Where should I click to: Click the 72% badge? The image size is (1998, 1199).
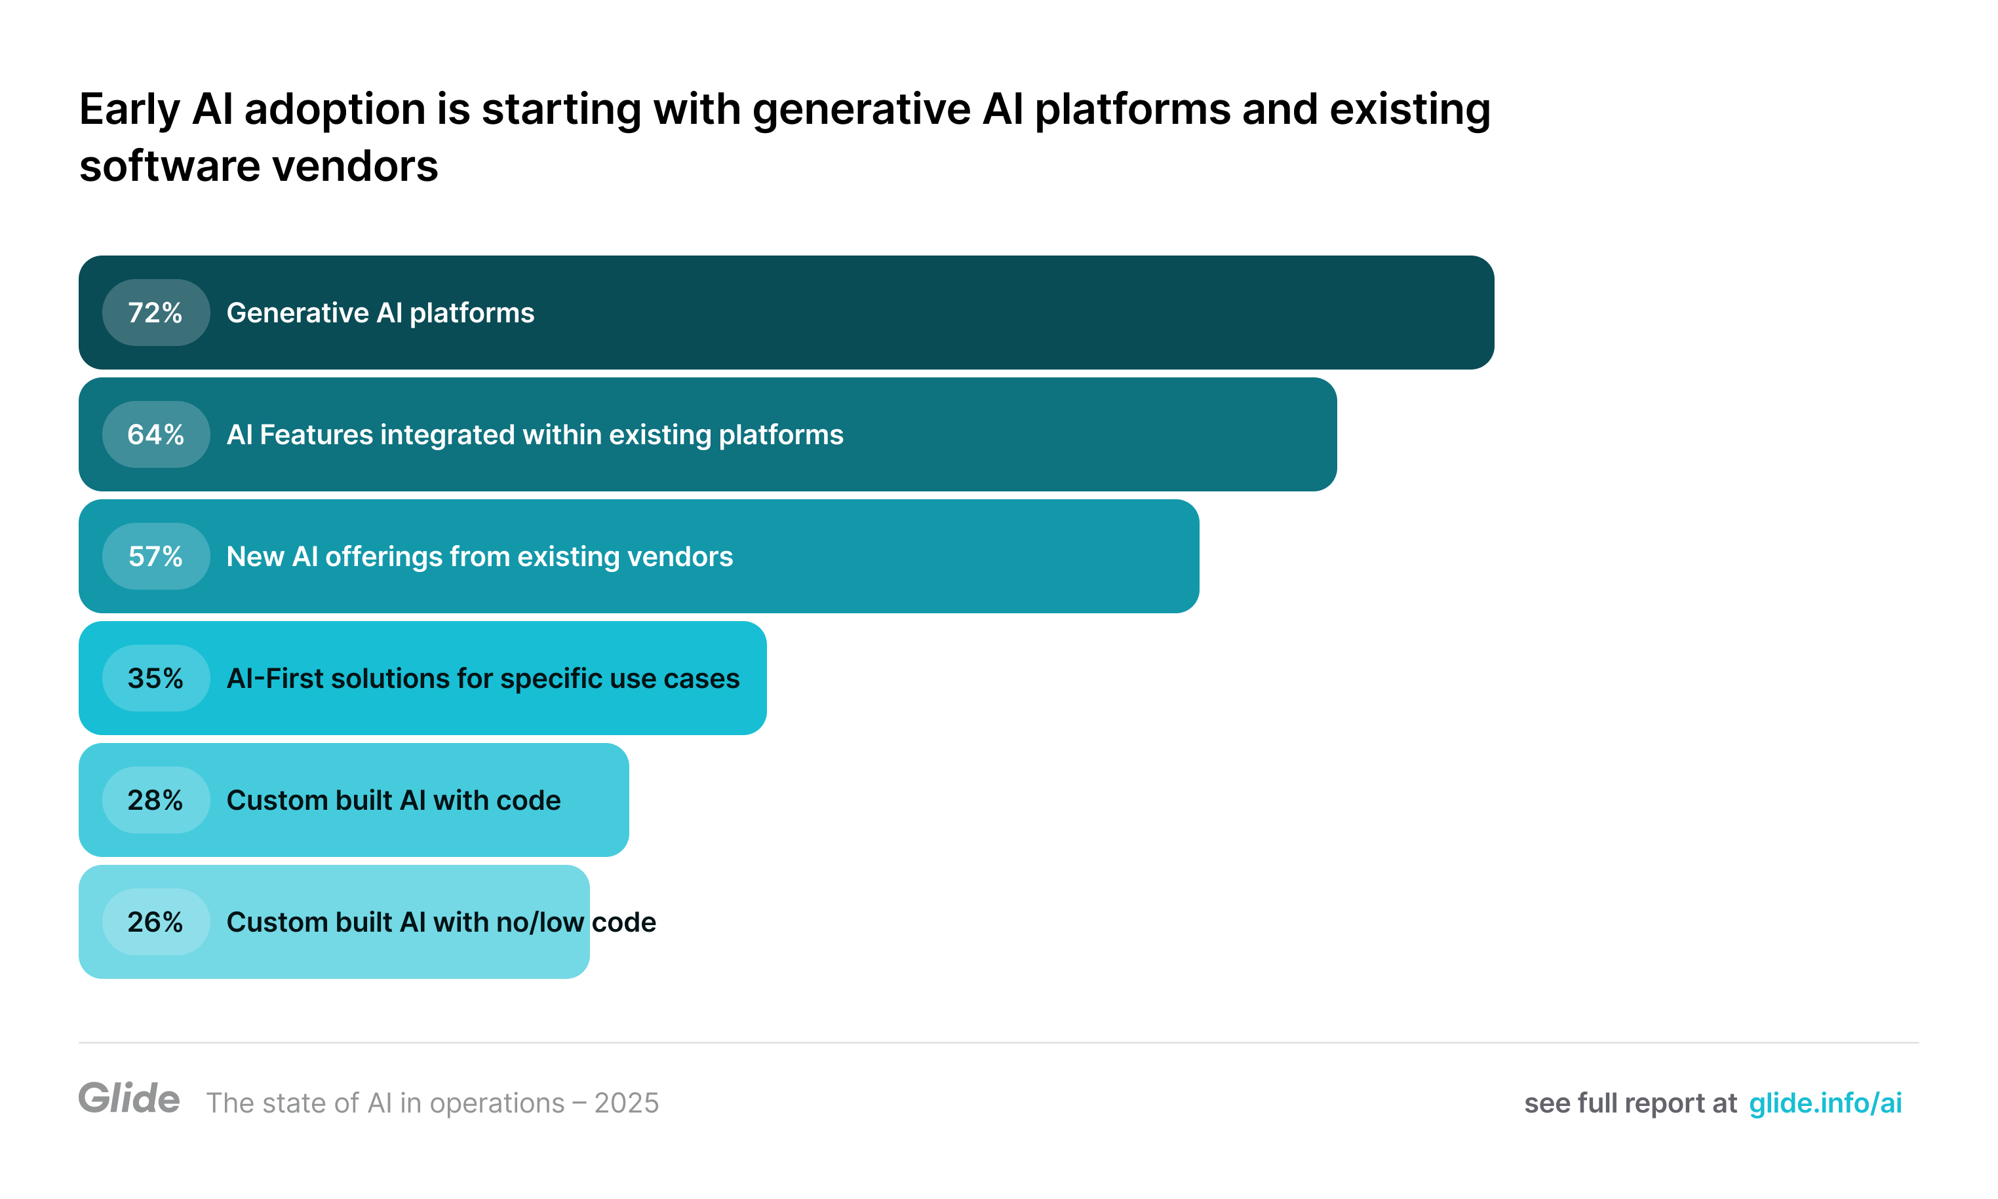pos(155,313)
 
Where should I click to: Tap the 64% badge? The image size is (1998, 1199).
pos(155,434)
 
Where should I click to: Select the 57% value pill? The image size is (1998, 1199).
pos(155,557)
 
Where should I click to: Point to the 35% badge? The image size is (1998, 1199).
pos(155,679)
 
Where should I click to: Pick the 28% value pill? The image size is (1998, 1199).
pos(155,800)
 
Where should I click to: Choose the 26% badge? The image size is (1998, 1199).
pos(155,922)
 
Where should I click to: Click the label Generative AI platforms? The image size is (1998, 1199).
pos(380,313)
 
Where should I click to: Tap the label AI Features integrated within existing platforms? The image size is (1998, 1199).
pos(534,434)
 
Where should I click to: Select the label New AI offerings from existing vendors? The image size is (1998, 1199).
pos(479,557)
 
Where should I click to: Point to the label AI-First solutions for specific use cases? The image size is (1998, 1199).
pos(482,679)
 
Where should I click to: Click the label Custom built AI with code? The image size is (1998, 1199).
pos(393,800)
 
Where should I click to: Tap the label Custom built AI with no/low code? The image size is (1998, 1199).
pos(441,922)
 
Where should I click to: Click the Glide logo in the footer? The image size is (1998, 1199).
pos(128,1099)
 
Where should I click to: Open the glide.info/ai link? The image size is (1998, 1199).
pos(1824,1103)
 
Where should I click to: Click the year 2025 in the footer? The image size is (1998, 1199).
pos(627,1103)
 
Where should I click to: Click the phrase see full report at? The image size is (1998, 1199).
pos(1630,1103)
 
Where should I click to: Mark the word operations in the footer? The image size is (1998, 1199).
pos(496,1103)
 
